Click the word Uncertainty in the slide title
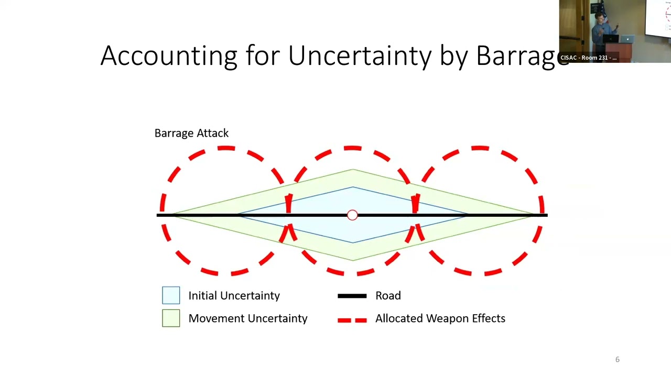pyautogui.click(x=360, y=56)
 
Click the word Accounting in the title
pyautogui.click(x=168, y=56)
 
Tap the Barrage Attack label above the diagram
pyautogui.click(x=191, y=133)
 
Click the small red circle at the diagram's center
pyautogui.click(x=352, y=215)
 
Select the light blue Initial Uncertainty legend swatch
pyautogui.click(x=171, y=295)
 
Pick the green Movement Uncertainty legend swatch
pyautogui.click(x=171, y=318)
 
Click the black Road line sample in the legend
pyautogui.click(x=352, y=296)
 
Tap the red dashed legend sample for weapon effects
pyautogui.click(x=352, y=319)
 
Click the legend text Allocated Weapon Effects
pyautogui.click(x=440, y=318)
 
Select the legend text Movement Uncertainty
pyautogui.click(x=247, y=318)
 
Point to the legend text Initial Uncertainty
pyautogui.click(x=234, y=295)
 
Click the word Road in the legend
pyautogui.click(x=388, y=296)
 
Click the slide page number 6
pyautogui.click(x=617, y=359)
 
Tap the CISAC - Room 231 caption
pyautogui.click(x=588, y=58)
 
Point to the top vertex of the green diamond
pyautogui.click(x=352, y=170)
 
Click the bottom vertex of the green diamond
pyautogui.click(x=352, y=260)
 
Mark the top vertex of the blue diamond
pyautogui.click(x=352, y=187)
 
